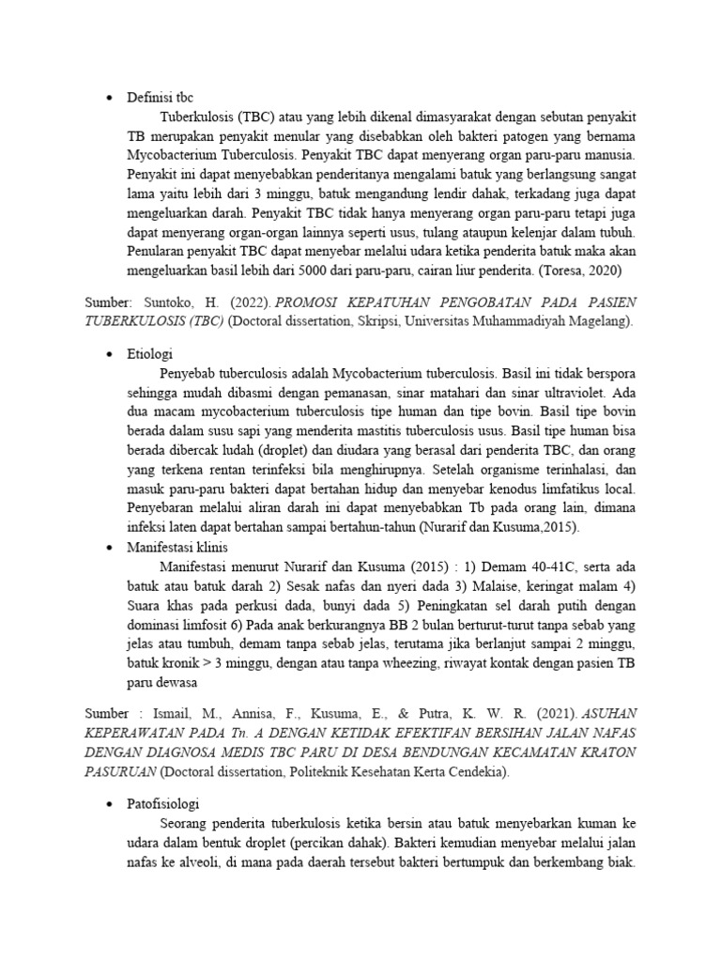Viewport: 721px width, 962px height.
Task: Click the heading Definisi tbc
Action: tap(160, 98)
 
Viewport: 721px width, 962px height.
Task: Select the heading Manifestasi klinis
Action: tap(176, 547)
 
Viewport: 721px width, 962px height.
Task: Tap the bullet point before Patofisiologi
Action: tap(109, 805)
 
